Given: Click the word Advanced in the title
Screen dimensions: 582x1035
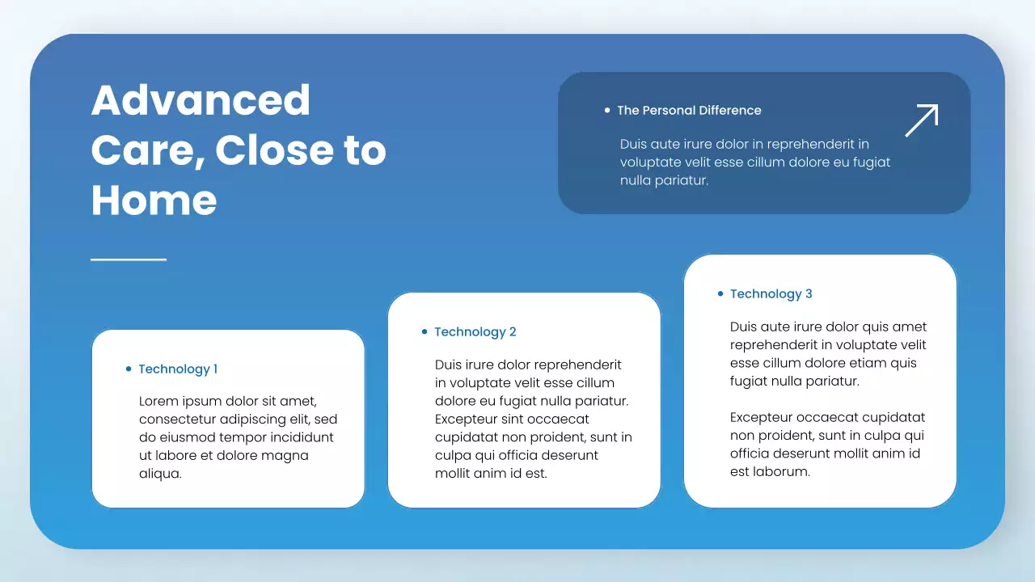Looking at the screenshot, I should (x=201, y=100).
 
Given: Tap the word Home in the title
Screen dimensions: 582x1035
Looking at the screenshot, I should (x=154, y=200).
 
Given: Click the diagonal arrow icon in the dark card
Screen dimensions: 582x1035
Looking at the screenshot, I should (x=921, y=120).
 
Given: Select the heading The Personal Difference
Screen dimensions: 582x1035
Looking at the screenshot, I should (x=689, y=111).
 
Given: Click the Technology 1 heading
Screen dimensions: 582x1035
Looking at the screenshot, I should (x=178, y=369).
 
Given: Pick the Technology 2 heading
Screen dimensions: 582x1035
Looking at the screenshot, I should (x=475, y=332).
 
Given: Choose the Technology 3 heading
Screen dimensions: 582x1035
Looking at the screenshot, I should (x=771, y=294).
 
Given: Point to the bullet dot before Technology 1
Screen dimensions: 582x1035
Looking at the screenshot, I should (x=129, y=369).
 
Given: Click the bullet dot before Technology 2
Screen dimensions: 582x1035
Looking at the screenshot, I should (x=425, y=331).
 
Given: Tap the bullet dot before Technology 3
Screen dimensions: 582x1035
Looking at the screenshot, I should (x=720, y=293).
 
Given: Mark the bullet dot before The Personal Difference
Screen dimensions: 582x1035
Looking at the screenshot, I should (x=607, y=110).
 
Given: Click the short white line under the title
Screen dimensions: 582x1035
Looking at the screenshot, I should (x=129, y=259).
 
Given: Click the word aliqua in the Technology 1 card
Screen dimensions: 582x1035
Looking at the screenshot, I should (x=159, y=474).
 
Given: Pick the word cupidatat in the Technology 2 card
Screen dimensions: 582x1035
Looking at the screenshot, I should (x=465, y=437).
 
